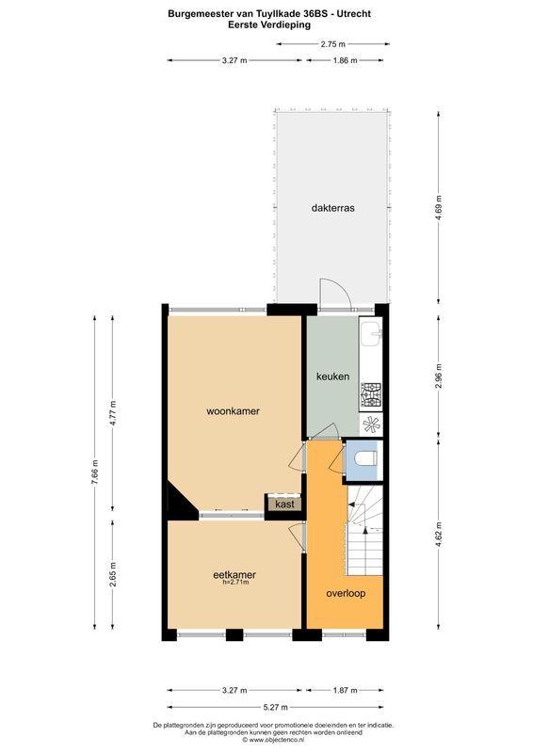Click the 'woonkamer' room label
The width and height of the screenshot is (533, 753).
tap(234, 411)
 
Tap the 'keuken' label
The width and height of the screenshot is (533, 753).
tap(332, 376)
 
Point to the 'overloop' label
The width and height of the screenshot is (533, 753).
tap(346, 594)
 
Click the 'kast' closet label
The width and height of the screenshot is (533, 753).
tap(285, 505)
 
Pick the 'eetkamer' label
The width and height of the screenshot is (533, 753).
tap(234, 574)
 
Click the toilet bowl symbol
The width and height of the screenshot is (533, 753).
tap(365, 458)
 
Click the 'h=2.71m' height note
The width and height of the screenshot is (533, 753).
tap(234, 583)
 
